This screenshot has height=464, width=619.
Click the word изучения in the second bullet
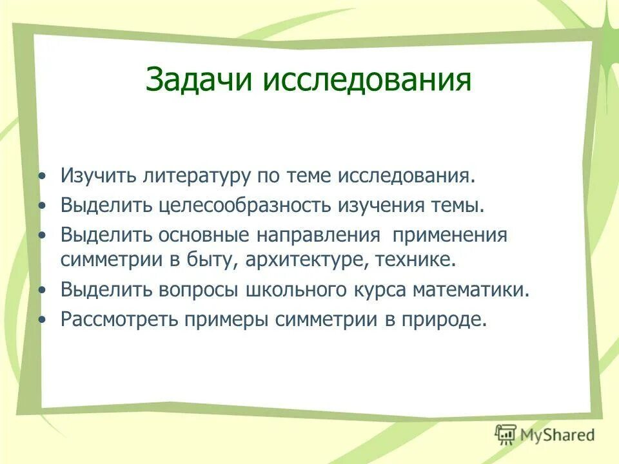(x=380, y=206)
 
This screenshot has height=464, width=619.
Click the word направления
(x=316, y=235)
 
